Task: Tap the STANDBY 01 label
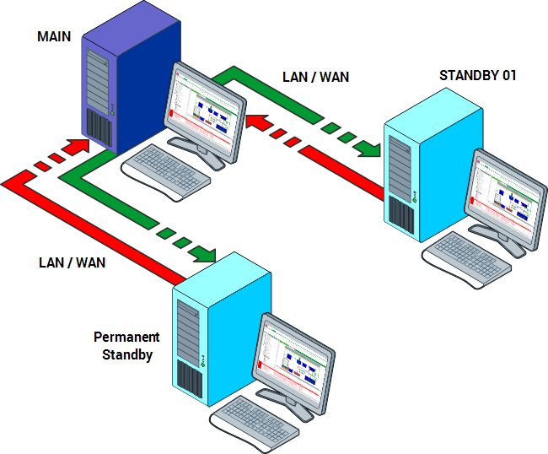click(x=477, y=75)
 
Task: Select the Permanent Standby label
click(x=126, y=346)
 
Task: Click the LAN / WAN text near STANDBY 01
click(x=315, y=77)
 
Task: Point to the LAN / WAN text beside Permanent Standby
click(x=73, y=262)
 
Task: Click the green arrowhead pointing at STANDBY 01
click(x=368, y=149)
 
